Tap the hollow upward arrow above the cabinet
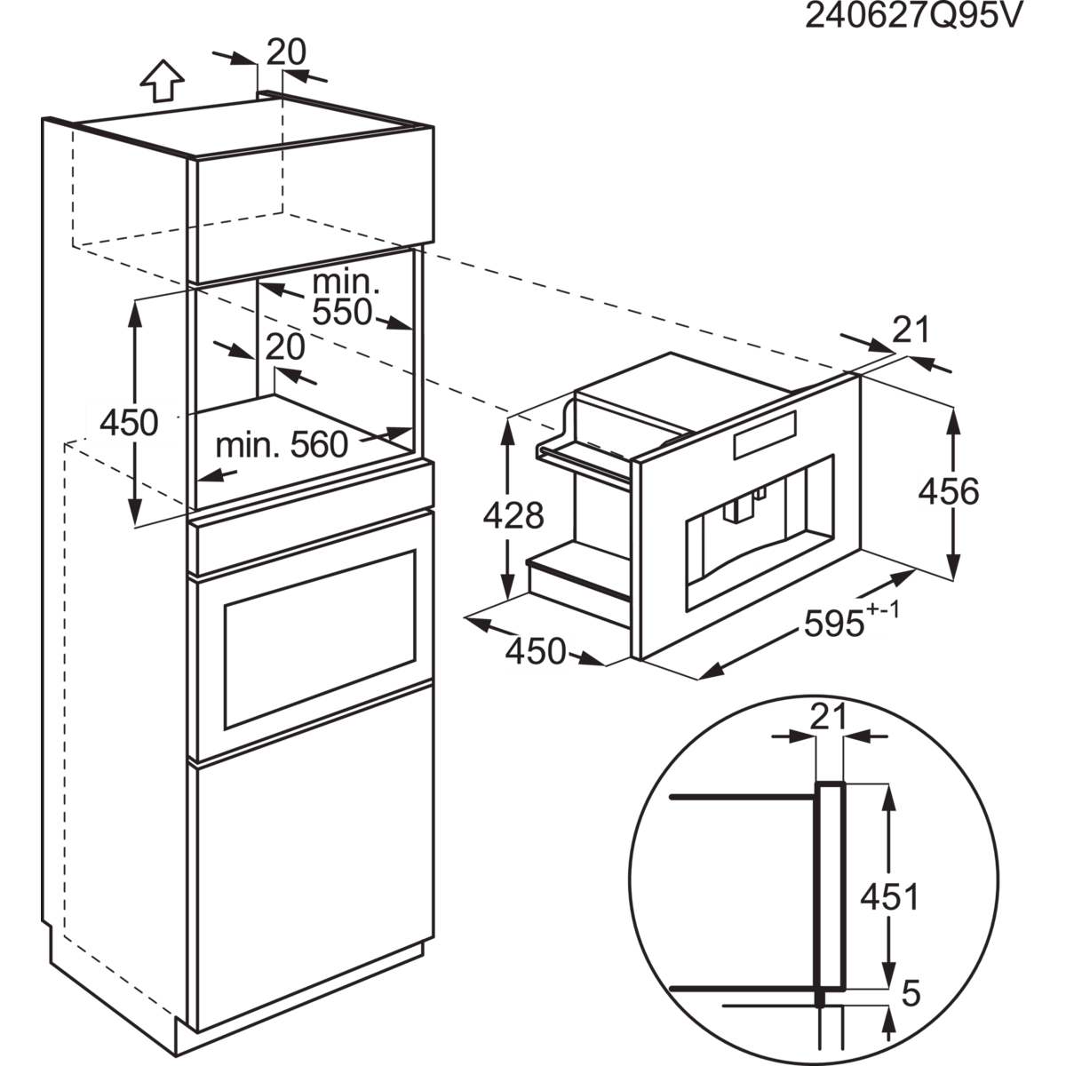click(163, 81)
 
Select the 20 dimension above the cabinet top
click(285, 53)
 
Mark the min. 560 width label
click(282, 444)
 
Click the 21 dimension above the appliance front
click(910, 330)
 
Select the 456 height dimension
click(948, 490)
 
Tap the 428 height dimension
click(515, 515)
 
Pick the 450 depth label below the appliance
click(536, 651)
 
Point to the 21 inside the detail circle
click(828, 718)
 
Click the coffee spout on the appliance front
click(736, 509)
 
